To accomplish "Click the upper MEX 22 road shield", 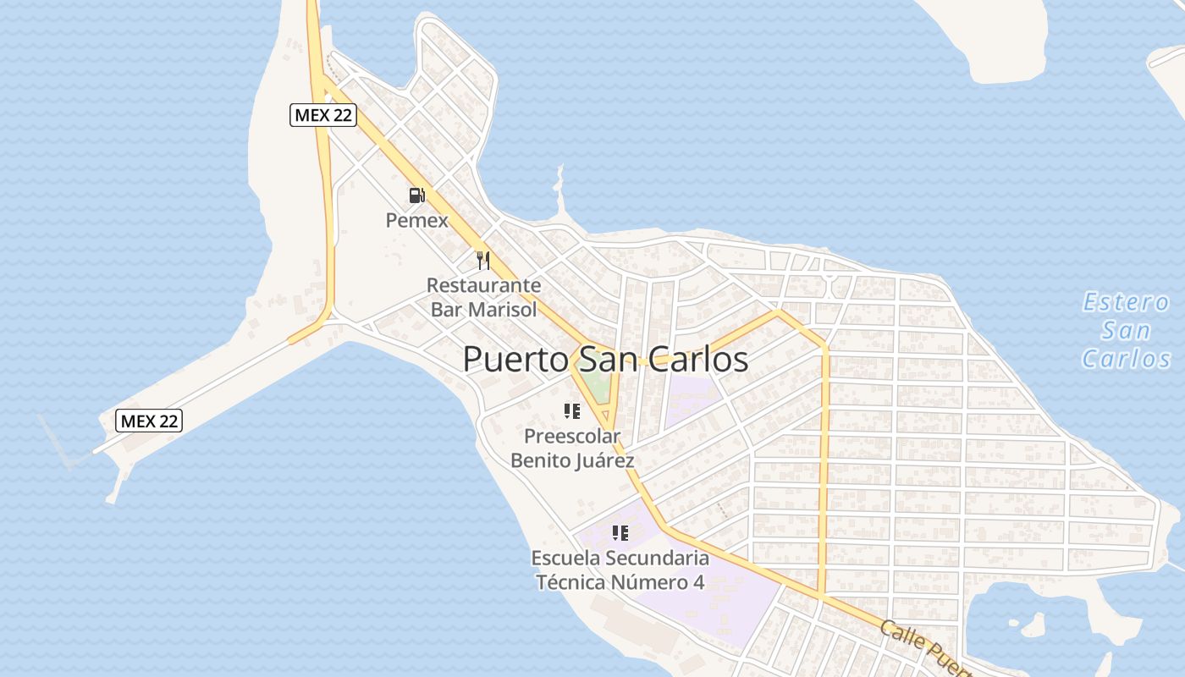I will [322, 115].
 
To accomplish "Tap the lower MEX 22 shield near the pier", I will [149, 421].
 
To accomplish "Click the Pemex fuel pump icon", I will [416, 195].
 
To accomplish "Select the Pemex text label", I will [416, 221].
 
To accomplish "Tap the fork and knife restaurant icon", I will [482, 260].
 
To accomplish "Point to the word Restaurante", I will [483, 285].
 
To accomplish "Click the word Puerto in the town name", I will [514, 360].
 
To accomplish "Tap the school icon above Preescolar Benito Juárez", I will [571, 412].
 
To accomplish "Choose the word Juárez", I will [601, 461].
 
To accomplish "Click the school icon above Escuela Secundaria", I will [620, 533].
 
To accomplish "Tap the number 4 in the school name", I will [698, 583].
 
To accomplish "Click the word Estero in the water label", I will [1127, 302].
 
